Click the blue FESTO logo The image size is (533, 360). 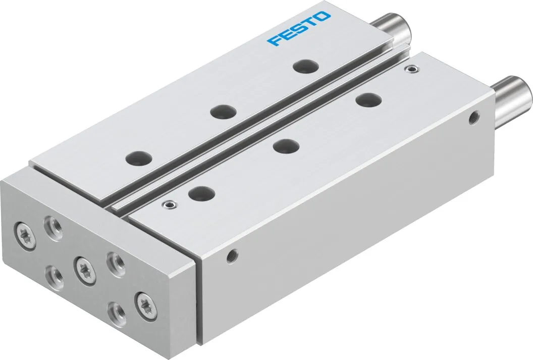[x=299, y=29]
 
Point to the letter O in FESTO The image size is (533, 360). [x=324, y=17]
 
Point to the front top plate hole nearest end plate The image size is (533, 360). [x=200, y=192]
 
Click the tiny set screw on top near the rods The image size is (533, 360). [x=414, y=69]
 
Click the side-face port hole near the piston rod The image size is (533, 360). [x=473, y=118]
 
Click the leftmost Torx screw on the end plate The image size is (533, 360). [x=25, y=230]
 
